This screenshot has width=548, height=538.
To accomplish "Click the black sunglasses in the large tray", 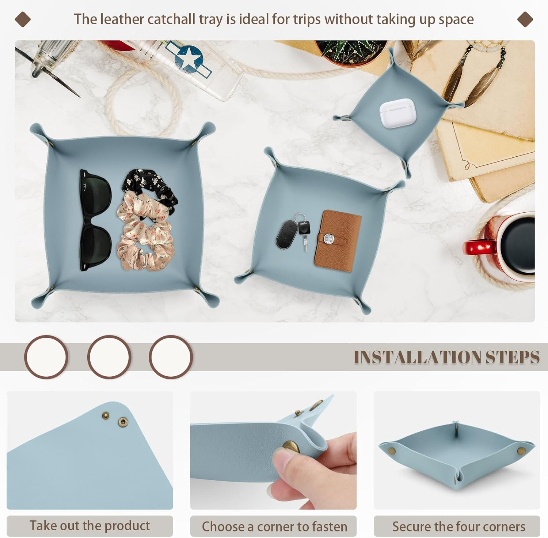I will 95,220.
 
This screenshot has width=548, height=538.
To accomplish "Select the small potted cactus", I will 351,51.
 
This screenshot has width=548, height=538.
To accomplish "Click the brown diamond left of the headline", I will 23,19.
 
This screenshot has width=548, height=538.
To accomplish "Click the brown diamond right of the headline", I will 525,19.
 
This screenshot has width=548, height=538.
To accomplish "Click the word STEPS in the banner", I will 512,357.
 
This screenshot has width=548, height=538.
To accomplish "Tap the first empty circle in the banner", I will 46,357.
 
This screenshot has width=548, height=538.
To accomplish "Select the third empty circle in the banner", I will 171,357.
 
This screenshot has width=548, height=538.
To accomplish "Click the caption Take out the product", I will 90,526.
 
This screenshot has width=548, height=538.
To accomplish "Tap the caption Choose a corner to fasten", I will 274,526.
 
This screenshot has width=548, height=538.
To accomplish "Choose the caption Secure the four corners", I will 458,526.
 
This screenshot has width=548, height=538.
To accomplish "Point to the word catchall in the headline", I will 171,19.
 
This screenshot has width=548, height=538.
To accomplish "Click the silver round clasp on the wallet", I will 328,239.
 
